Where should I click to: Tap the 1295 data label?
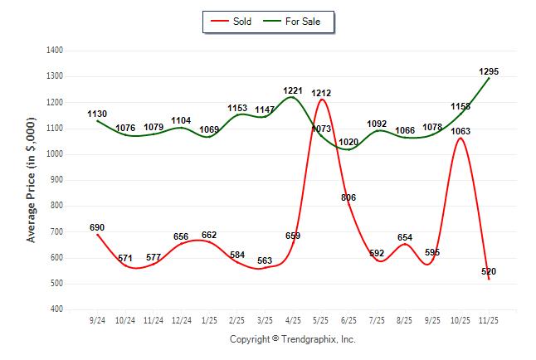pyautogui.click(x=489, y=72)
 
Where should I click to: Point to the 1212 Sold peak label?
pyautogui.click(x=321, y=93)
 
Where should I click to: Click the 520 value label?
pyautogui.click(x=489, y=272)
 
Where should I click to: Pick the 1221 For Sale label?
pyautogui.click(x=293, y=90)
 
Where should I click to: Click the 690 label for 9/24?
pyautogui.click(x=97, y=227)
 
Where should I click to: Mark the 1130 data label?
pyautogui.click(x=97, y=114)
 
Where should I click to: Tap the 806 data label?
pyautogui.click(x=348, y=197)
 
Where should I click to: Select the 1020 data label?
pyautogui.click(x=349, y=142)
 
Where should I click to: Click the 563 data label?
pyautogui.click(x=265, y=260)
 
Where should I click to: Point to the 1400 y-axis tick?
pyautogui.click(x=56, y=51)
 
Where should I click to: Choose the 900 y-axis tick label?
pyautogui.click(x=58, y=180)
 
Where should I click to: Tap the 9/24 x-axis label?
pyautogui.click(x=97, y=320)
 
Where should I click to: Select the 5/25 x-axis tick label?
pyautogui.click(x=321, y=320)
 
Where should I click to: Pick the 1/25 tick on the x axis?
pyautogui.click(x=209, y=320)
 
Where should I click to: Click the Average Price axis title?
pyautogui.click(x=32, y=180)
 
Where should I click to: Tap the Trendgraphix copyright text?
pyautogui.click(x=292, y=339)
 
